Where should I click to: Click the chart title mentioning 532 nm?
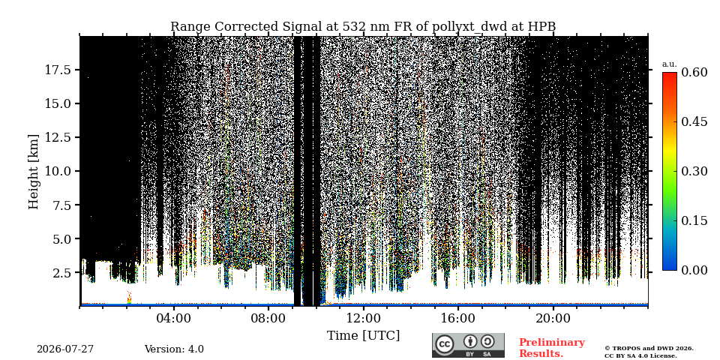point(363,27)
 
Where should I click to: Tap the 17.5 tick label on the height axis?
point(58,70)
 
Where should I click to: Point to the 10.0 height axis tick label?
point(58,171)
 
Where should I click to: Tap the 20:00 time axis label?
point(553,318)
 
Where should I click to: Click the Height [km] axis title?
point(34,171)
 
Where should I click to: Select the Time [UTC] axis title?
point(363,336)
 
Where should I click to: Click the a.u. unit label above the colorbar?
point(670,64)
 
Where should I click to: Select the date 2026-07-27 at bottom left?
point(65,349)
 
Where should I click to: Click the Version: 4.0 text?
point(174,349)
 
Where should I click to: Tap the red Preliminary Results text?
point(552,348)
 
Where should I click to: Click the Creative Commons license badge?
point(468,345)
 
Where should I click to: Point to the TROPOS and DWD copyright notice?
point(649,352)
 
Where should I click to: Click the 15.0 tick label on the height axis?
point(58,103)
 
